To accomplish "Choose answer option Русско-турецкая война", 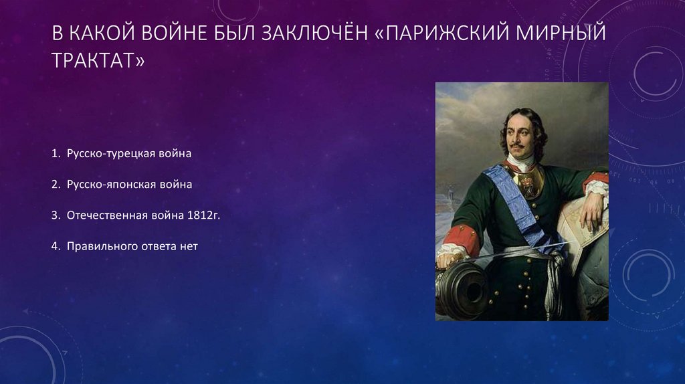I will tap(129, 154).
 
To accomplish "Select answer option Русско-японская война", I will tap(129, 185).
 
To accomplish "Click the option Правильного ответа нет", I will tap(132, 246).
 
